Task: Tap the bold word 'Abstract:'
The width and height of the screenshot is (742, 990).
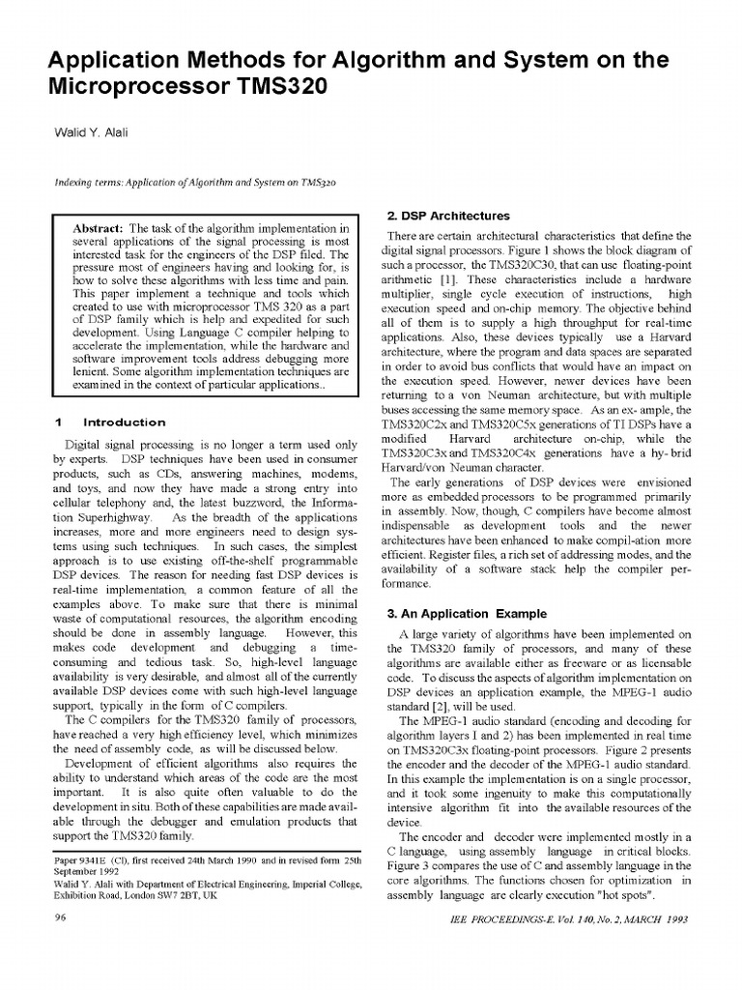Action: point(100,225)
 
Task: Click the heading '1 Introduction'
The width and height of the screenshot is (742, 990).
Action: point(111,422)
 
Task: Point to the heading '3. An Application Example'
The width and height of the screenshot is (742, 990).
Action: point(466,614)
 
